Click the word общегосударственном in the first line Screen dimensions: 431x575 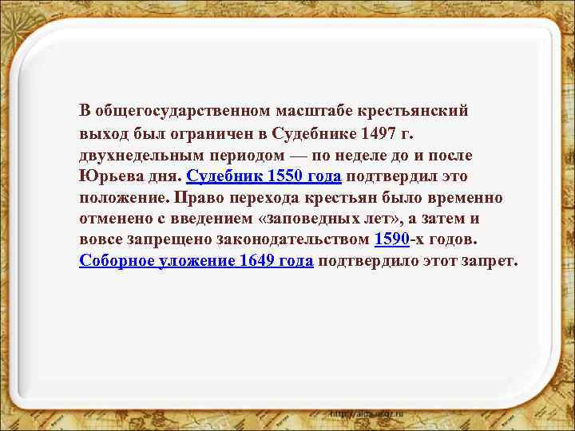(183, 109)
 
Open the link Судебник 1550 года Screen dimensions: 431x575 (264, 174)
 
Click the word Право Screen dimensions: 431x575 (196, 196)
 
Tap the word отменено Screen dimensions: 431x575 (115, 217)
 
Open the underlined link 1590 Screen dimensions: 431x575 (393, 239)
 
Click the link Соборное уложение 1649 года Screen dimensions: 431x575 (196, 260)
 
